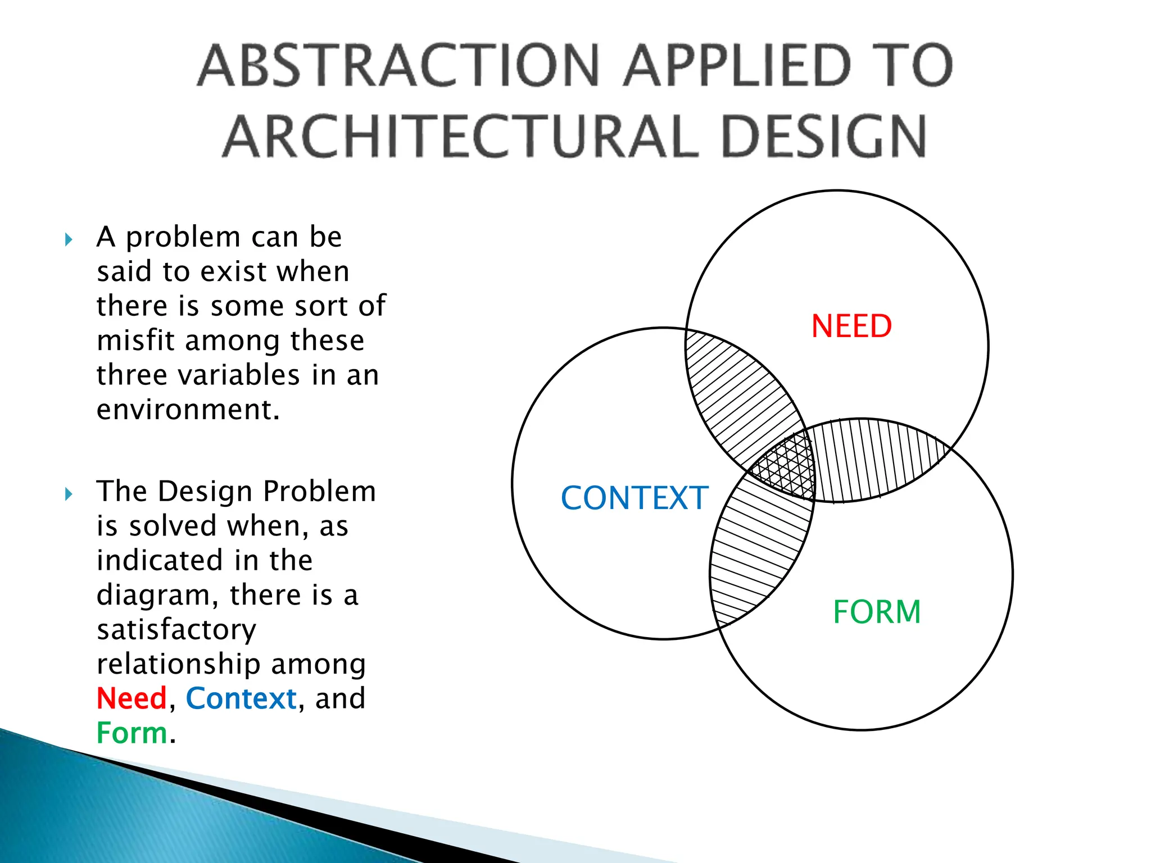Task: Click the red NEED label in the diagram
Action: pos(851,326)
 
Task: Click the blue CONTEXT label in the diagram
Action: pos(634,498)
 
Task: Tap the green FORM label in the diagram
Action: pos(877,612)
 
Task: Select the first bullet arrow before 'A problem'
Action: pos(69,240)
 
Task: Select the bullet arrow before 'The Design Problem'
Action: pos(69,494)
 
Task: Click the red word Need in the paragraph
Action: pos(132,698)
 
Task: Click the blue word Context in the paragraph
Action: pos(241,698)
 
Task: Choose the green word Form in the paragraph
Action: pos(132,733)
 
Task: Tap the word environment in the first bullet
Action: pos(187,410)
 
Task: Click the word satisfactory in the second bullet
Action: pos(176,630)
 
